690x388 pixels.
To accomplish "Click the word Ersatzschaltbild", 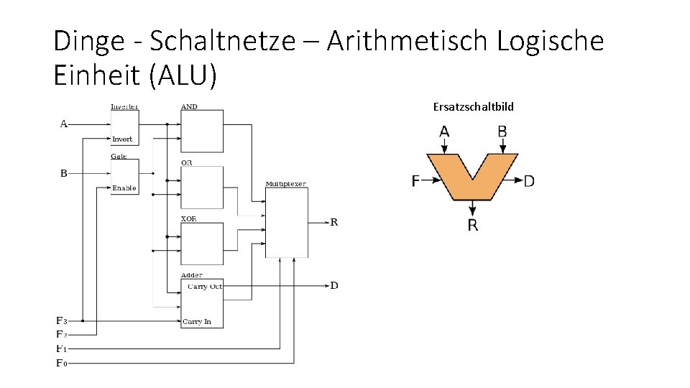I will click(473, 107).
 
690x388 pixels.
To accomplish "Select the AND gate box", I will click(202, 131).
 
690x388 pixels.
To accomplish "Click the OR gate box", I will click(202, 187).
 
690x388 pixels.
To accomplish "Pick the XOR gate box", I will click(202, 243).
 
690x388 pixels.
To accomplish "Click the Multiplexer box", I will click(286, 222).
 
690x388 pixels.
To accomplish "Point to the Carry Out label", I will click(205, 287).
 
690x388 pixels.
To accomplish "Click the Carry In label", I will click(197, 322).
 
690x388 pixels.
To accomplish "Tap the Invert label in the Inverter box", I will click(122, 139).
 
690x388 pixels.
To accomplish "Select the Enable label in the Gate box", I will click(124, 188).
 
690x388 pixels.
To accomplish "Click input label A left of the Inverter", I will click(64, 124).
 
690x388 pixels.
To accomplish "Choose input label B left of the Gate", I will click(64, 173).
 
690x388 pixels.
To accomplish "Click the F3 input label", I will click(62, 320).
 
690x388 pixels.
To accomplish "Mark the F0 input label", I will click(62, 363).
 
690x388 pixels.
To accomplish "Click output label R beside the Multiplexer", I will click(333, 222).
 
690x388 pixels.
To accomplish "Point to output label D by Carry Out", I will click(333, 286).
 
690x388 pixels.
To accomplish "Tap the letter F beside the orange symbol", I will click(415, 181).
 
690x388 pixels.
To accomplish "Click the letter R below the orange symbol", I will click(472, 226).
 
